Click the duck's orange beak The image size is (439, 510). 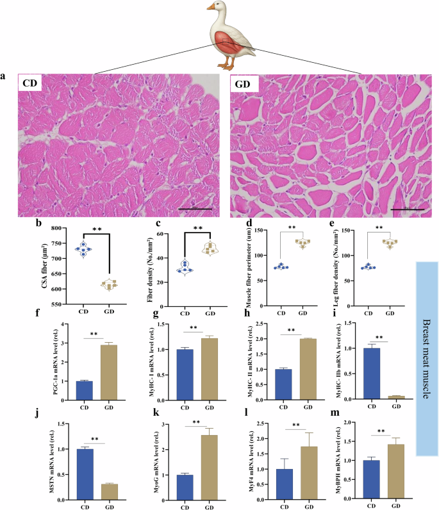coord(212,7)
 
